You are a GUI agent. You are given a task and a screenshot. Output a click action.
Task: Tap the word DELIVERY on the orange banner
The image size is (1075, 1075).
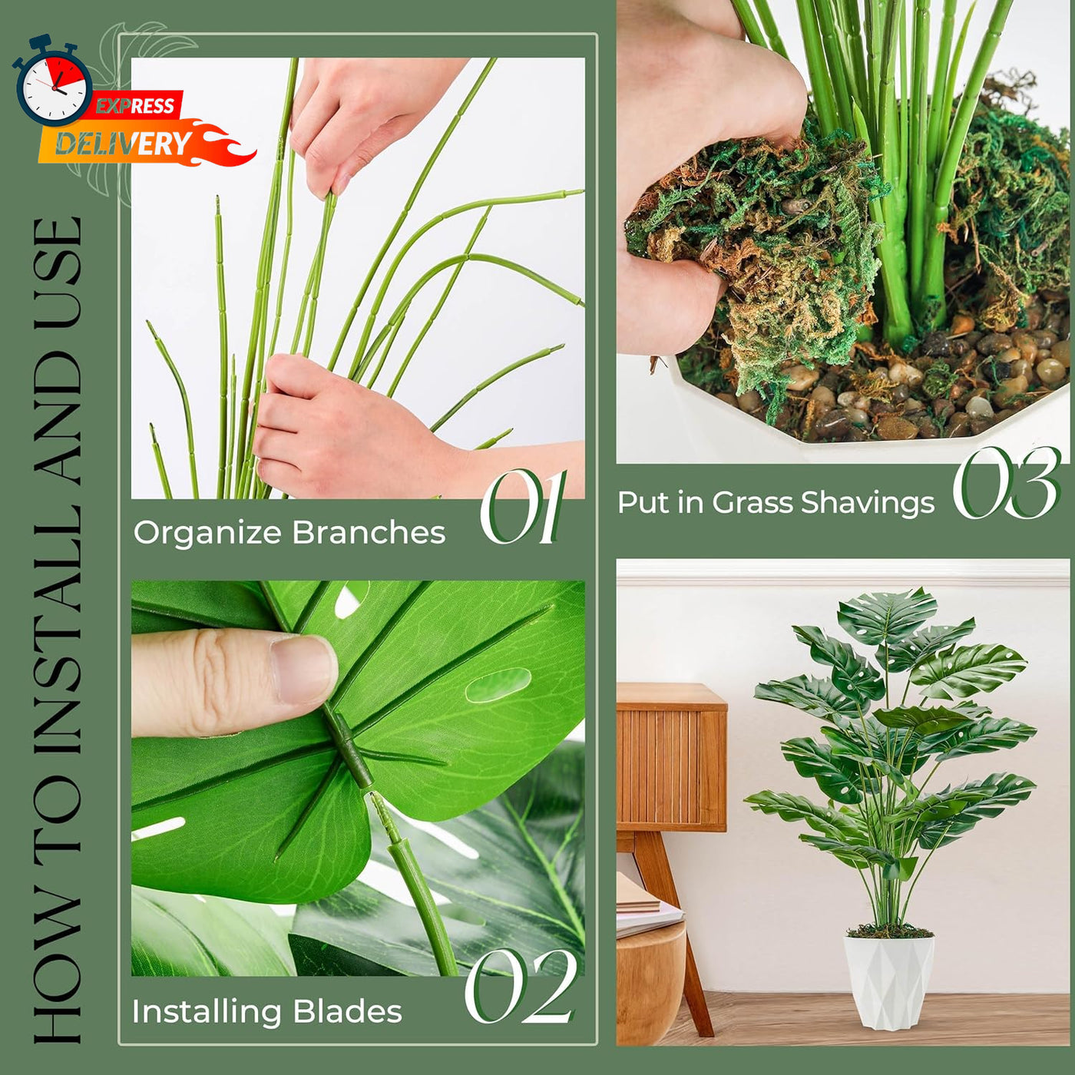(x=123, y=144)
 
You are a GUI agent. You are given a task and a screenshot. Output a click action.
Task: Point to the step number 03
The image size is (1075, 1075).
(x=1006, y=482)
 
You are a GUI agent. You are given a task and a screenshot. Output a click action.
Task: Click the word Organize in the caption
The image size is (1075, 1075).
(x=210, y=534)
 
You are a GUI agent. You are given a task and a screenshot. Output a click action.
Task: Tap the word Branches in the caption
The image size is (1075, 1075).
(x=369, y=532)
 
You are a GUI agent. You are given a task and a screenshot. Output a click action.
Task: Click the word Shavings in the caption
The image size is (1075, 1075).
(x=868, y=504)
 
